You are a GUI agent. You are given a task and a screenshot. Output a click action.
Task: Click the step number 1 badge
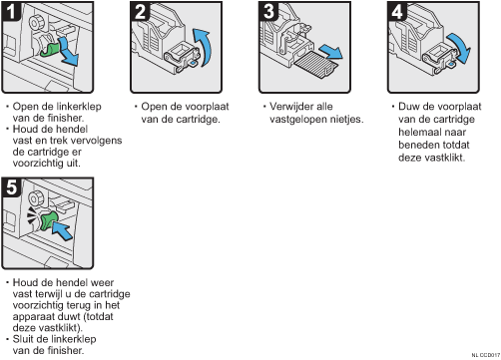[x=11, y=12]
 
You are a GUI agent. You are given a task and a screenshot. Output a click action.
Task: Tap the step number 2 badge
[x=140, y=12]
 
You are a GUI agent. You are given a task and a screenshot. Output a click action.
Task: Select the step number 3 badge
[x=268, y=12]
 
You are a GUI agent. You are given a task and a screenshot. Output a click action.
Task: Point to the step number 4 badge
[x=397, y=12]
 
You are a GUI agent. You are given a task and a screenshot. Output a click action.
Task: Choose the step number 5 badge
[x=11, y=187]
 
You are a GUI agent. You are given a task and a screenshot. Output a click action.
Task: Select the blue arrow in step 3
[x=331, y=52]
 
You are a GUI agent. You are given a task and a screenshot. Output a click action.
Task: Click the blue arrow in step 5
[x=62, y=230]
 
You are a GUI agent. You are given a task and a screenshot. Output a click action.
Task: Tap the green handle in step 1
[x=50, y=49]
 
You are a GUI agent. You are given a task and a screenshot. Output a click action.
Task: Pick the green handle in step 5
[x=49, y=221]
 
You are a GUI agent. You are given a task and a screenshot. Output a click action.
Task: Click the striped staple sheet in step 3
[x=316, y=65]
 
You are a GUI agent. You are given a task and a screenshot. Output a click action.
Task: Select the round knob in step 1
[x=35, y=23]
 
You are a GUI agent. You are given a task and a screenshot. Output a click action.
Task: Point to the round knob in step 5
[x=35, y=198]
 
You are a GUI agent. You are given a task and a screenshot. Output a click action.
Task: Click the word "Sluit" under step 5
[x=24, y=339]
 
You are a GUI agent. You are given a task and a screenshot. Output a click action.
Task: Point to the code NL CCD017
[x=486, y=355]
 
